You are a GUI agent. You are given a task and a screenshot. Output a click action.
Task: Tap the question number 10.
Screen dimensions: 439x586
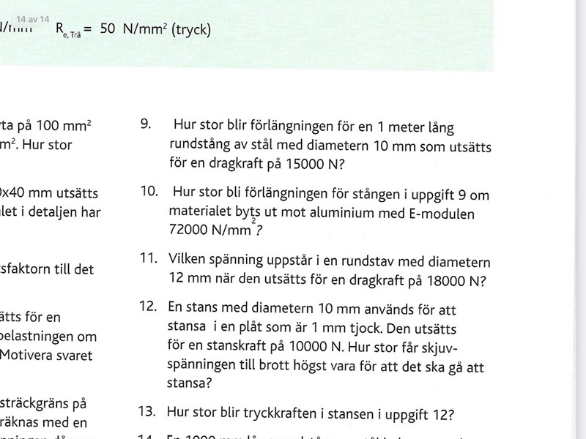pyautogui.click(x=149, y=192)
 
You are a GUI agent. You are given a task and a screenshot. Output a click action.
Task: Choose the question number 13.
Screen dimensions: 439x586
pyautogui.click(x=148, y=411)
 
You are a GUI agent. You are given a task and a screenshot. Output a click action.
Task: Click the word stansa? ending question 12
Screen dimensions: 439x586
pyautogui.click(x=190, y=382)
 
